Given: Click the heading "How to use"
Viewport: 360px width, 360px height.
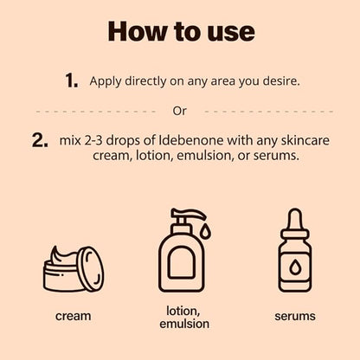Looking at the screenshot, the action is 181,31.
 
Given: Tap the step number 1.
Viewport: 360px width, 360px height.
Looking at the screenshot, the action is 72,80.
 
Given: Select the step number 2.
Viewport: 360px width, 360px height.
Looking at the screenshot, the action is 40,140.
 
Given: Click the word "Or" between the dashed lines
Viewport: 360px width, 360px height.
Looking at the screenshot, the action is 179,111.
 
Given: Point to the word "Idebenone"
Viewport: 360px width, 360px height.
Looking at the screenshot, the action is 191,140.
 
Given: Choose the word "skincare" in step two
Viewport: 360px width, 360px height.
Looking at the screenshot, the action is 305,140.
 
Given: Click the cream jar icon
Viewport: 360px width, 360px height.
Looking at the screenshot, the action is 74,269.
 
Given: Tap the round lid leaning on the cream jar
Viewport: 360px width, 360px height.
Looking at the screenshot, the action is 91,268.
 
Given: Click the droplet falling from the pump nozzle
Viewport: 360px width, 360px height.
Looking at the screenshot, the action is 205,232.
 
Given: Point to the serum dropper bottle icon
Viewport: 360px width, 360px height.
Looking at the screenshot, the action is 294,250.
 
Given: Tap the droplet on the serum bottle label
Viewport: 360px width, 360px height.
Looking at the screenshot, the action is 294,267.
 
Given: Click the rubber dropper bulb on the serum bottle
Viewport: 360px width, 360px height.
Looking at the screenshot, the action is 294,218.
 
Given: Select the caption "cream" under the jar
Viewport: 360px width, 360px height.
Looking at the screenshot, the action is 74,316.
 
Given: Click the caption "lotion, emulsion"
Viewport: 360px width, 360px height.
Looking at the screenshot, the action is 184,318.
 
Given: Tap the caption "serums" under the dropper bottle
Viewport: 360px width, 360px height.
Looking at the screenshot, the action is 295,316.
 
